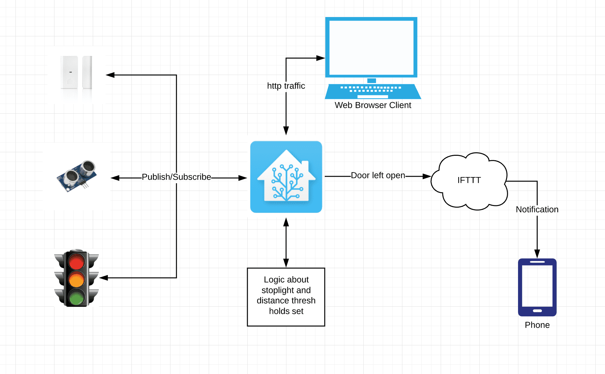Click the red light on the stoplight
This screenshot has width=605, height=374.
coord(76,262)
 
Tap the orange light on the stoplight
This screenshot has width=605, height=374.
coord(76,279)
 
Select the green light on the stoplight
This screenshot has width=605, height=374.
coord(76,298)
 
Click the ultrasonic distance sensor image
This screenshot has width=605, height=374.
coord(77,176)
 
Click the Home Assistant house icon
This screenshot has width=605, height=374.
coord(286,177)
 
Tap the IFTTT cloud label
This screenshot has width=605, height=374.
coord(469,180)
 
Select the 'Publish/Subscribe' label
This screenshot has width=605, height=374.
coord(176,177)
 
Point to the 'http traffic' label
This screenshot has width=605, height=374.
coord(286,86)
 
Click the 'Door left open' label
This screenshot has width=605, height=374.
coord(378,175)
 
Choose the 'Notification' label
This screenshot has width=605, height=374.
coord(537,210)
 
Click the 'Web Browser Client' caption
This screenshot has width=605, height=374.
coord(373,105)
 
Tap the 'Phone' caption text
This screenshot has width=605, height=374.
coord(537,325)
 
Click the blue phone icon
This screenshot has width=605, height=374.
coord(537,286)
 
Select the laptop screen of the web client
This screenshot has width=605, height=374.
coord(371,47)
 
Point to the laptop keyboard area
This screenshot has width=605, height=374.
coord(371,89)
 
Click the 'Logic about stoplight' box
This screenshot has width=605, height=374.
coord(286,297)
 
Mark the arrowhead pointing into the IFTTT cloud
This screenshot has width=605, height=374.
coord(427,176)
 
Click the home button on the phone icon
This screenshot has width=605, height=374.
coord(537,311)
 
